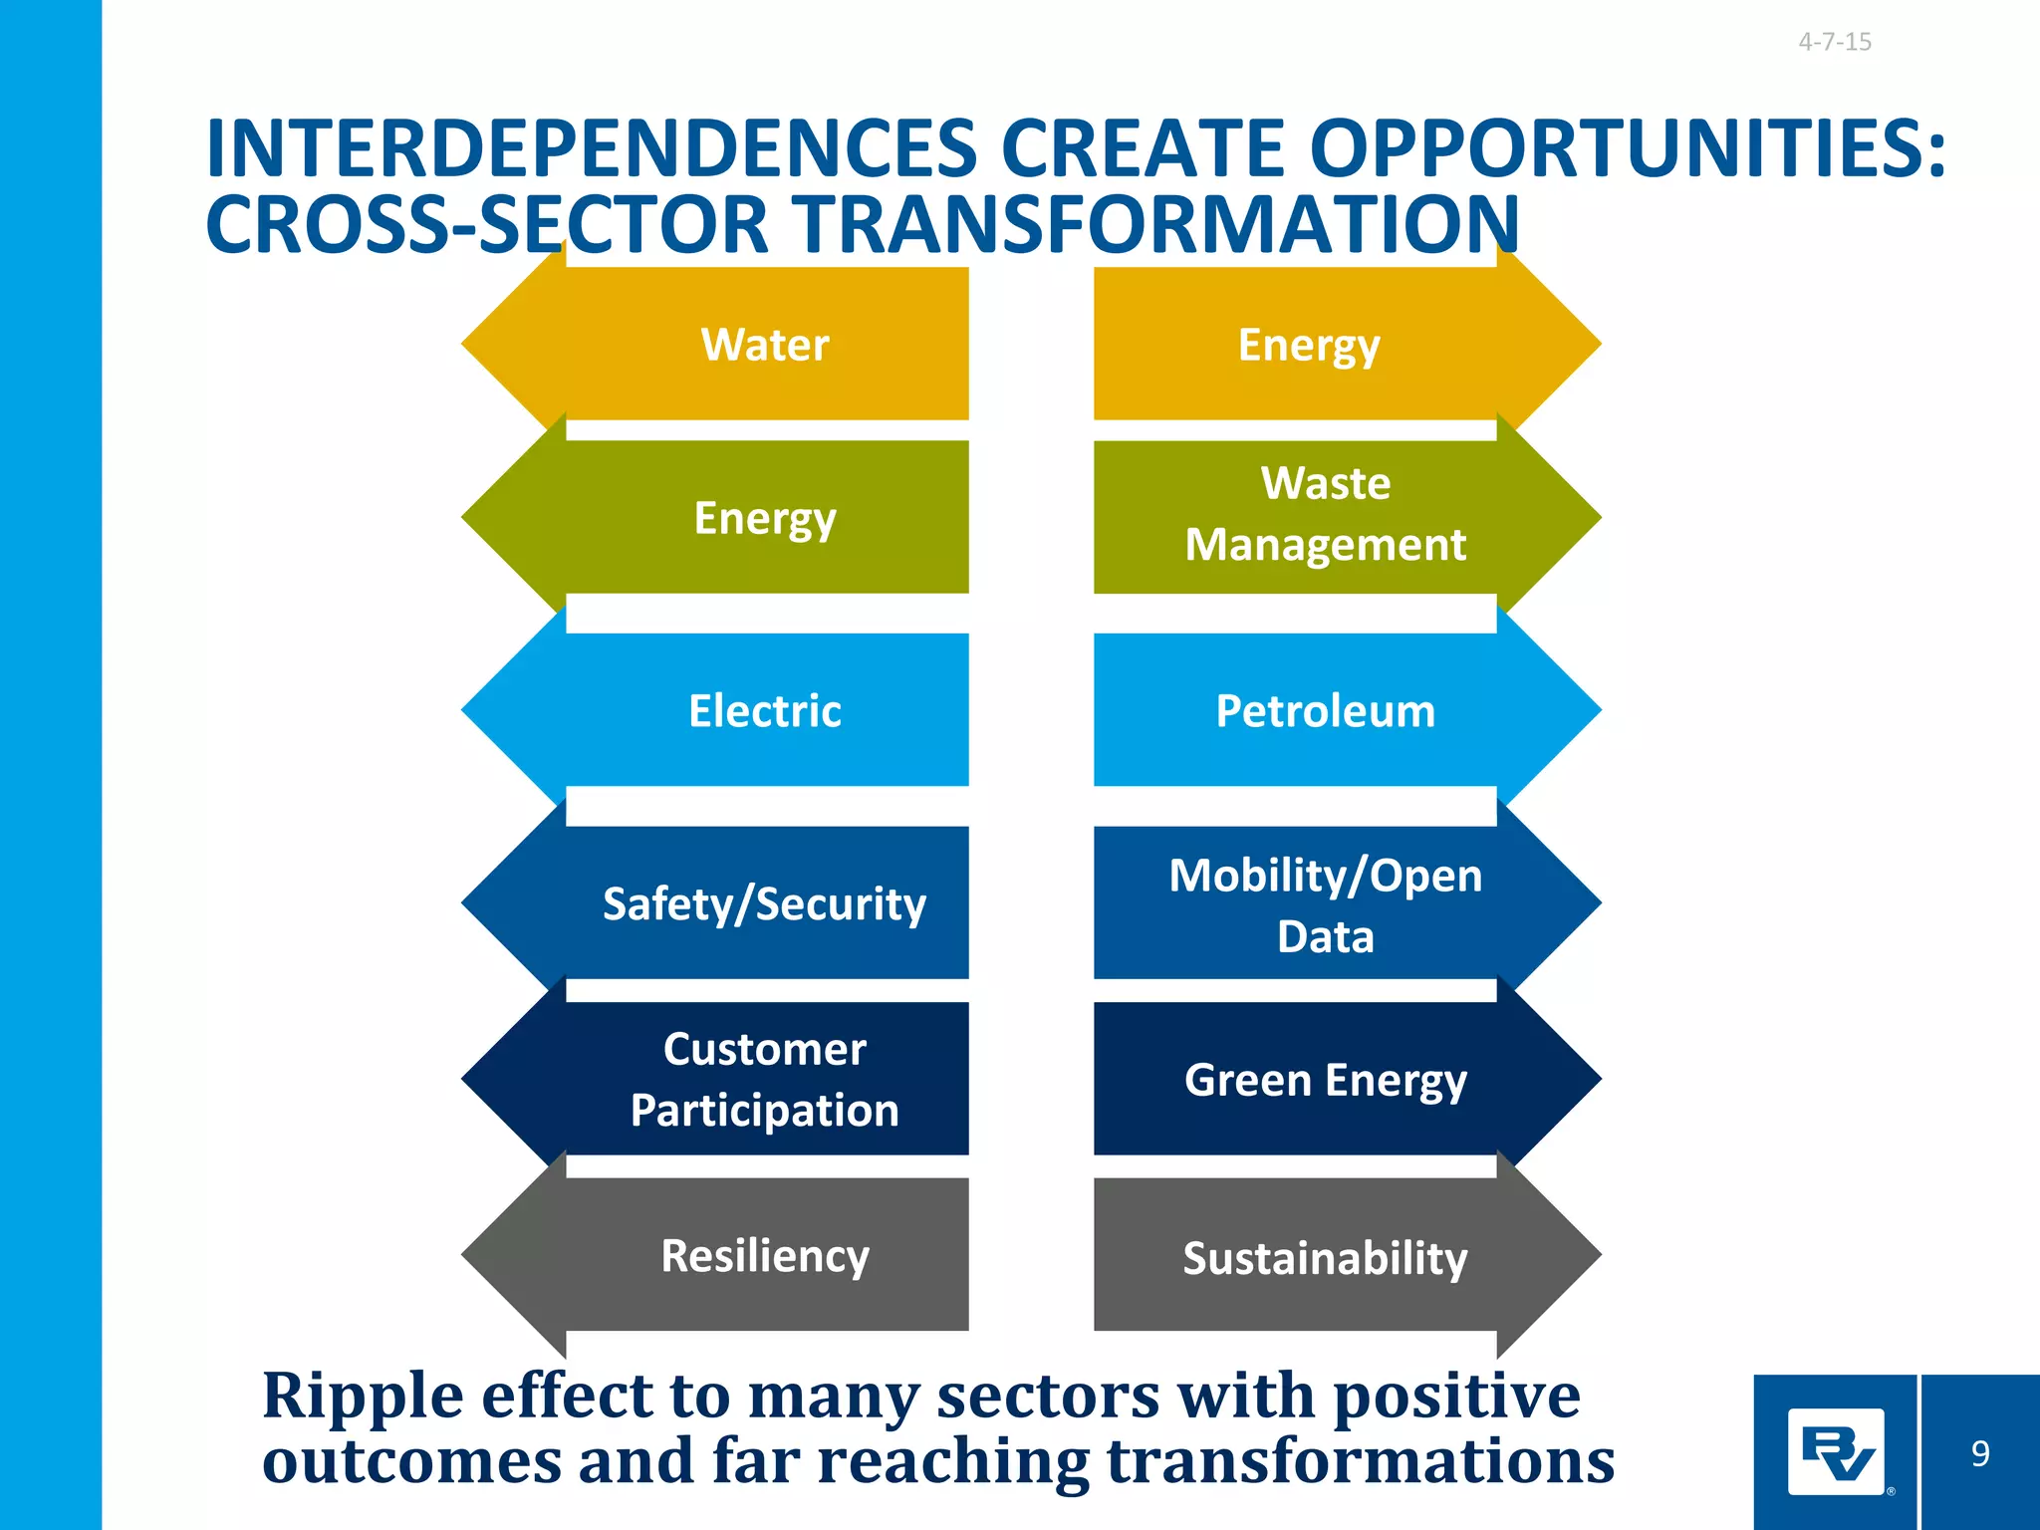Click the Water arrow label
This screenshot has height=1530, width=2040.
764,345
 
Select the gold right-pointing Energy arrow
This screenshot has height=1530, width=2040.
1309,345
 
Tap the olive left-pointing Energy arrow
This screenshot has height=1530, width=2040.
764,518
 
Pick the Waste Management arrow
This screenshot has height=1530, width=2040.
1325,515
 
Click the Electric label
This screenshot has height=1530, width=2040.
764,711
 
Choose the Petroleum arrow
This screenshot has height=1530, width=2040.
1325,711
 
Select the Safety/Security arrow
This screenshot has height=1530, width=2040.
764,903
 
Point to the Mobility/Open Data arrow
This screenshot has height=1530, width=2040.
1325,904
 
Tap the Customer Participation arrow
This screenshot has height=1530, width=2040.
764,1079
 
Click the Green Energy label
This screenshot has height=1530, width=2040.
1325,1080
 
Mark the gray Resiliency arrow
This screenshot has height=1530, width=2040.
764,1255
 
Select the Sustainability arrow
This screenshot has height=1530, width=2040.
1325,1257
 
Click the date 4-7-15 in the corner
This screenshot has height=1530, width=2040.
1834,42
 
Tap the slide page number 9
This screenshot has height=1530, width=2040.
1980,1453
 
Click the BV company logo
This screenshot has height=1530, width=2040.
1836,1452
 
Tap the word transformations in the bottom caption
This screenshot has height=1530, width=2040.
1360,1460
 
